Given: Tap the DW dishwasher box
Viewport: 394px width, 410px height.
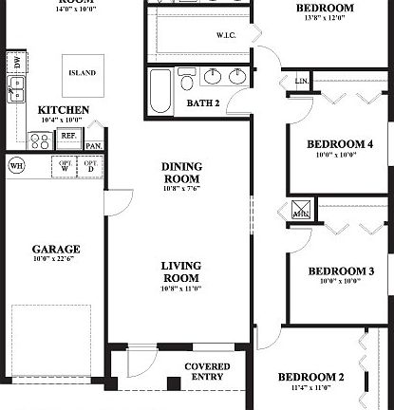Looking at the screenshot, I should (x=14, y=62).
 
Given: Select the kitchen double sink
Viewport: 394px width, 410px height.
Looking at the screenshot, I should (x=16, y=88).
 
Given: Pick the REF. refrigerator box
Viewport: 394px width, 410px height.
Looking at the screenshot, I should (x=68, y=136).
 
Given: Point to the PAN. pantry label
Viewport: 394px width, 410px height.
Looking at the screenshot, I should (x=93, y=146).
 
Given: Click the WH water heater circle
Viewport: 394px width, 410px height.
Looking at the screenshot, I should (x=16, y=165).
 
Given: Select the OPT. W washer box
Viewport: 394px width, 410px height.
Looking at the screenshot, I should (x=66, y=167).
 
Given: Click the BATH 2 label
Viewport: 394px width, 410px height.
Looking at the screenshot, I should (x=203, y=102).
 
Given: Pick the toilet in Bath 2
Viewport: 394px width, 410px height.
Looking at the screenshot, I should (x=187, y=77).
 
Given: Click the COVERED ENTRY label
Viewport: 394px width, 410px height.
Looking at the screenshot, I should (x=205, y=372).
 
